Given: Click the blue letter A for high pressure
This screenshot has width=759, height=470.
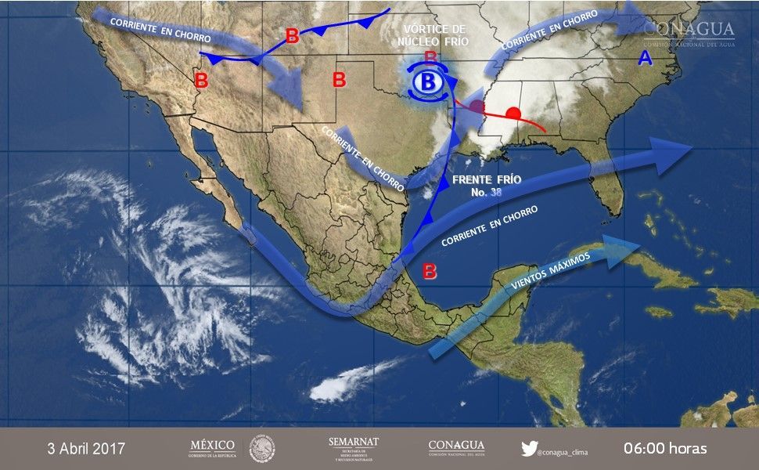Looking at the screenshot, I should [646, 57].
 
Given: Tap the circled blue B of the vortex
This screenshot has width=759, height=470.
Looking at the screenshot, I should [427, 81].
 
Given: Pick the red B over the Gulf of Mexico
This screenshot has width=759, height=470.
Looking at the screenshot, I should [430, 272].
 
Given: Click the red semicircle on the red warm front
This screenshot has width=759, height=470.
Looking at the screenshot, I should [513, 113].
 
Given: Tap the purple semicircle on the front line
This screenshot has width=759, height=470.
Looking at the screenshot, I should [477, 109].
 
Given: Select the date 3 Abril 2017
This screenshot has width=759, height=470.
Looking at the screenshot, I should [85, 449].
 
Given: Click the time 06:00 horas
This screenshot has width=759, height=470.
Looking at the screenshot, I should [665, 449].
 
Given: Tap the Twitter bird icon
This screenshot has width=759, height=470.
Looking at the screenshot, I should [529, 449].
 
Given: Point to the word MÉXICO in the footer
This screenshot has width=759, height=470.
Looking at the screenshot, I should [212, 444].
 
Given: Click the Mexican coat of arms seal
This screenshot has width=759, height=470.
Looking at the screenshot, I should [262, 449].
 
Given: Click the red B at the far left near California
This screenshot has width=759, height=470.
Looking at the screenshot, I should [201, 79].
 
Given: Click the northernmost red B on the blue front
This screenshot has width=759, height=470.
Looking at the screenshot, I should [293, 35].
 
